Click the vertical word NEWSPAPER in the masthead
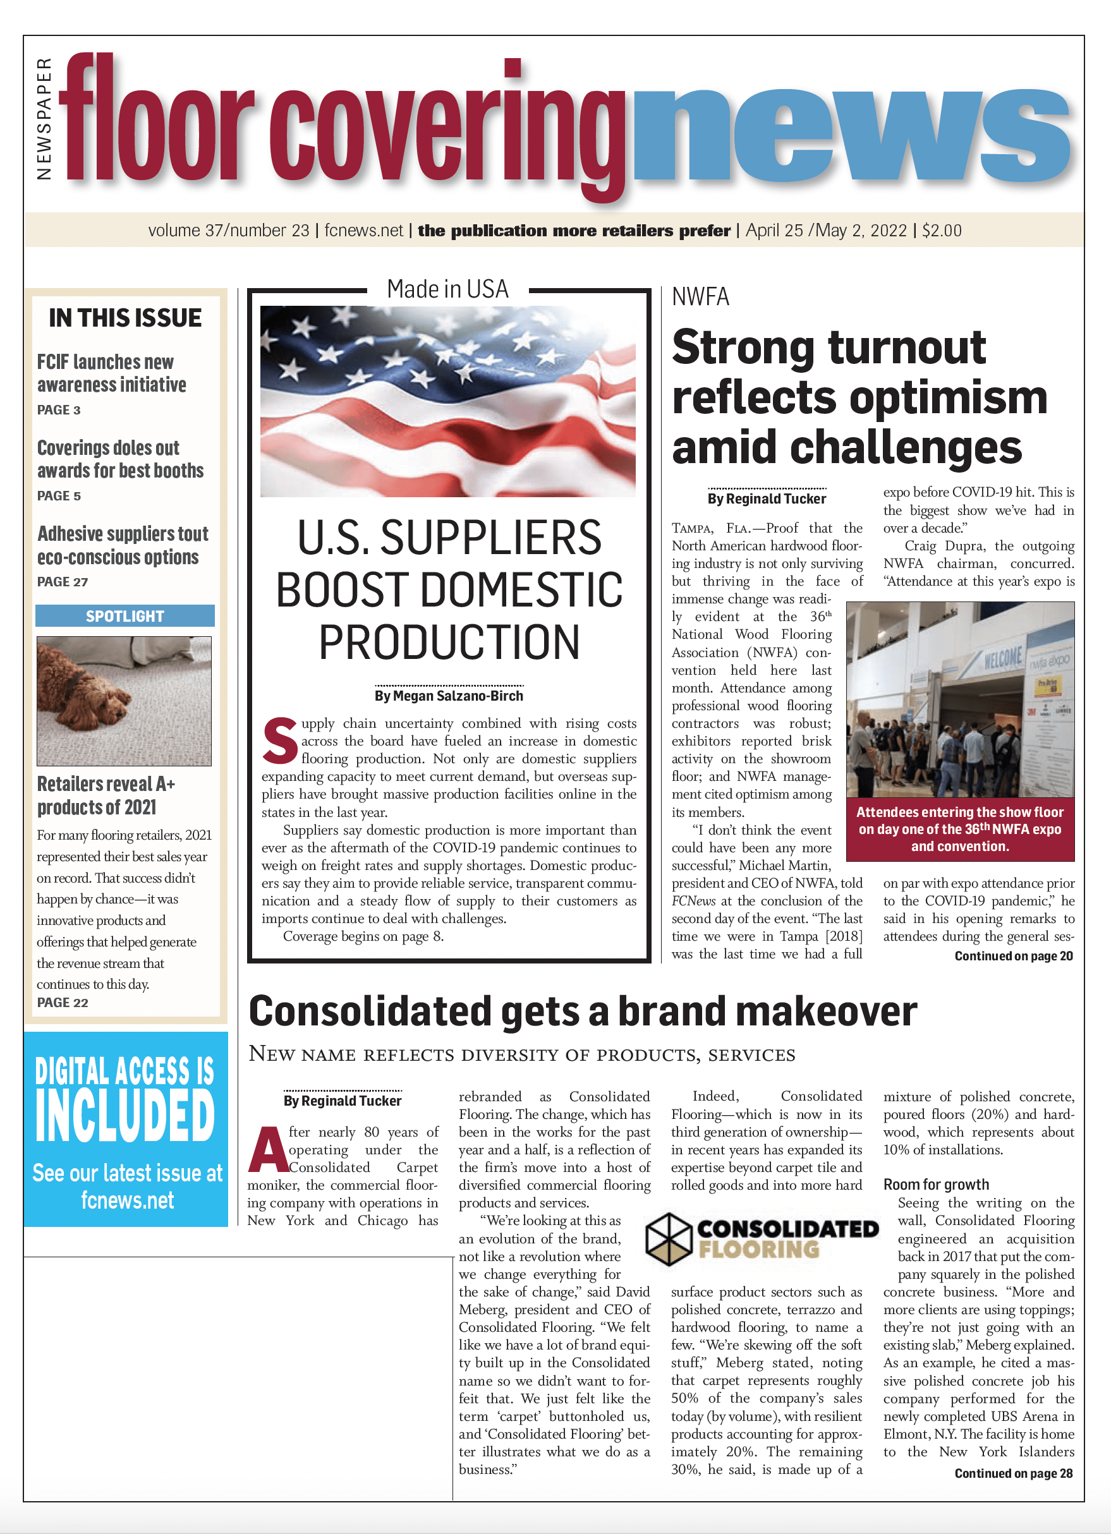[x=44, y=119]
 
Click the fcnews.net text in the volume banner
[x=363, y=231]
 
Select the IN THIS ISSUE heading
[x=125, y=318]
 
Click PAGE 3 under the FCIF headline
[x=59, y=410]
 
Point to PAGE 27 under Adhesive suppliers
[x=62, y=582]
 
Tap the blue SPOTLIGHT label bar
[x=125, y=616]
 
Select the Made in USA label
[x=447, y=289]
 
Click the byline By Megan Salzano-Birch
[x=449, y=696]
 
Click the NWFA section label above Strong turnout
[x=700, y=297]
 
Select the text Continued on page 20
[x=1013, y=956]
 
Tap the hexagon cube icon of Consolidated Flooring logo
[x=668, y=1239]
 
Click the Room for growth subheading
[x=936, y=1185]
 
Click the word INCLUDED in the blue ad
[x=125, y=1116]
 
